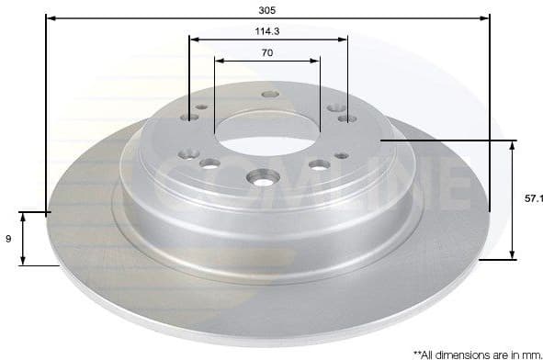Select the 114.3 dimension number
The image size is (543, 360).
tap(266, 30)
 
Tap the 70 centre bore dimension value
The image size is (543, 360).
tap(266, 52)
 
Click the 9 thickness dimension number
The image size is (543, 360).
tap(7, 239)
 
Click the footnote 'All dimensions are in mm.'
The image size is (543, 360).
tap(477, 353)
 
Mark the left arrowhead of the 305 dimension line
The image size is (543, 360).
tap(50, 17)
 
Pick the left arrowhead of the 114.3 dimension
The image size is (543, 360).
tap(193, 39)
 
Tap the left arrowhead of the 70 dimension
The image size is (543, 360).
tap(219, 61)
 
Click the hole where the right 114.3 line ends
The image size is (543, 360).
tap(346, 118)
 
